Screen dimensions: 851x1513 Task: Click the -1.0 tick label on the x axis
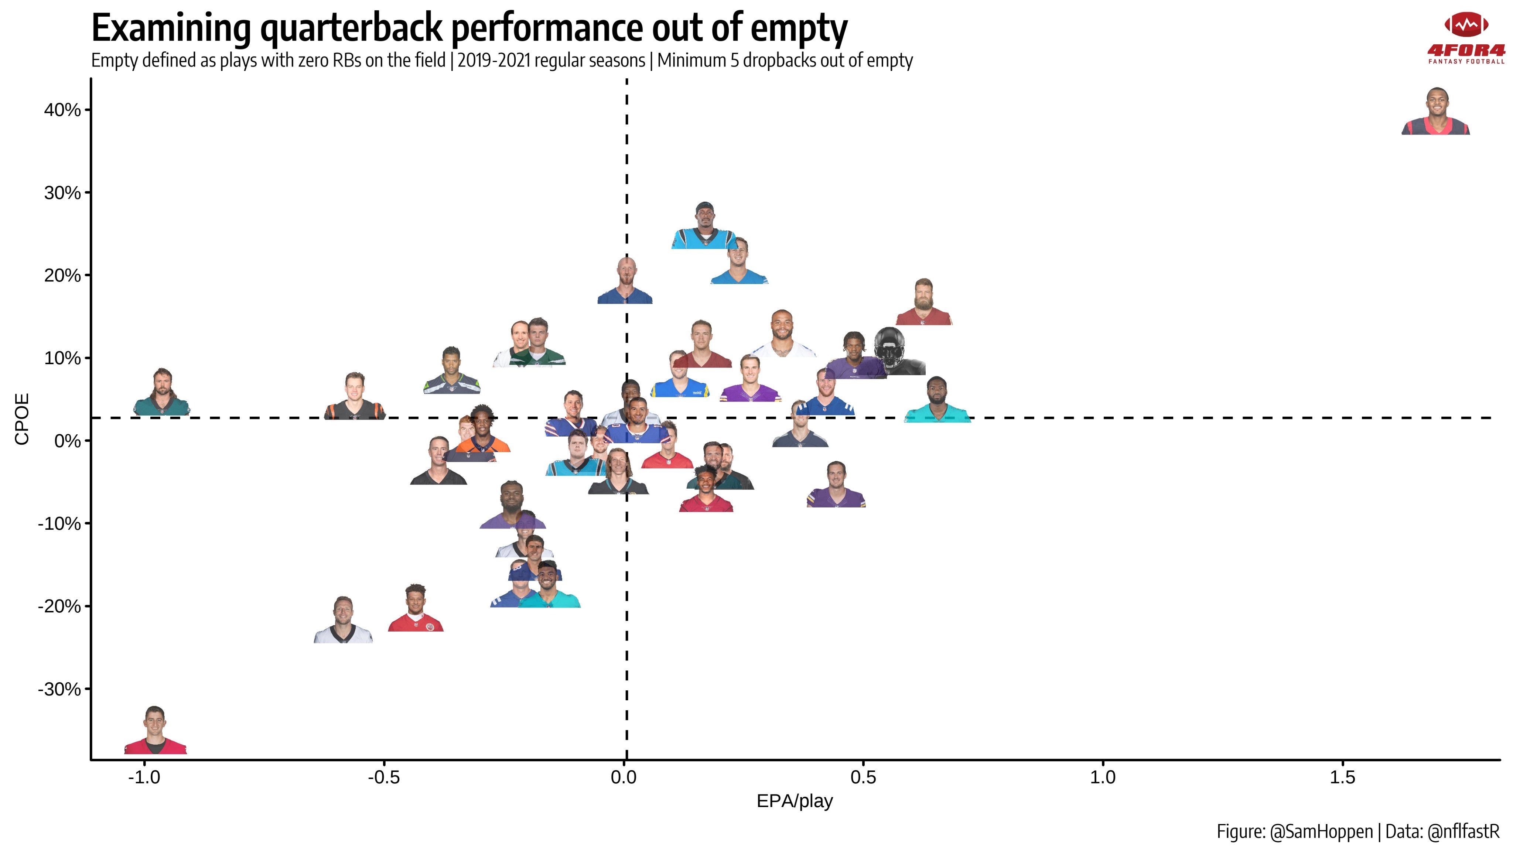point(144,777)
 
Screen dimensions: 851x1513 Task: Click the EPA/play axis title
point(794,801)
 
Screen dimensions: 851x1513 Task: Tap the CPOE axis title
point(22,419)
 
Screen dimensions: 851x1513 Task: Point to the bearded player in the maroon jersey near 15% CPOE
point(923,303)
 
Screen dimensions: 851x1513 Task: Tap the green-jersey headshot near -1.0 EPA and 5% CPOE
point(161,393)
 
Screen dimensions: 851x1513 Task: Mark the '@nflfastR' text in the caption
point(1463,832)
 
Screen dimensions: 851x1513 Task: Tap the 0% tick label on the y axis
point(68,441)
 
